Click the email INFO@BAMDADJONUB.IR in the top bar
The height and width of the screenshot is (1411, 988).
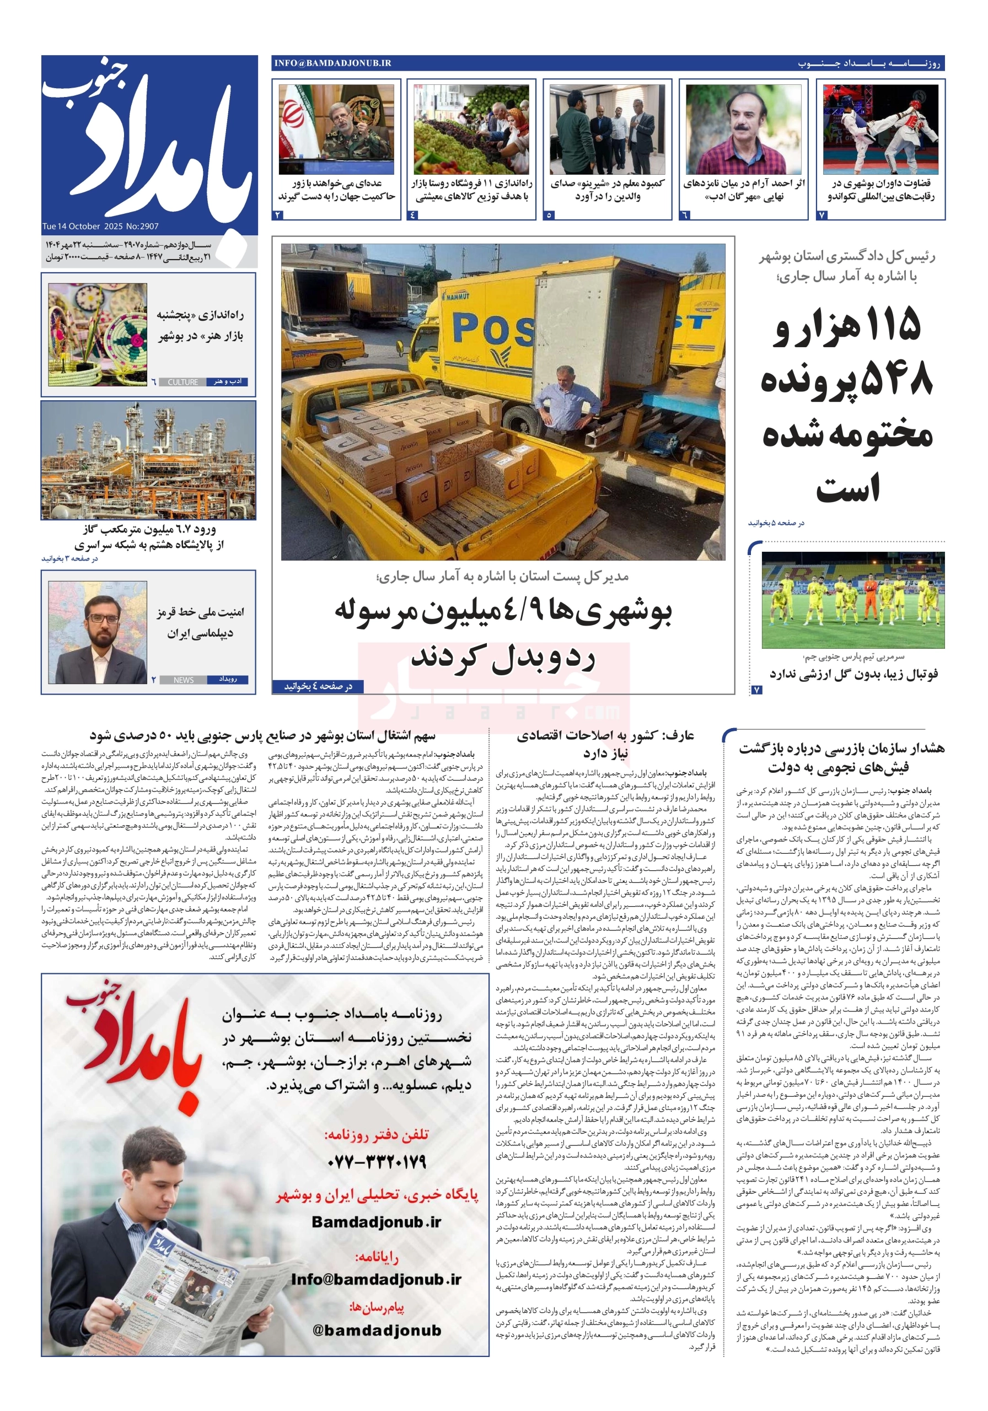[332, 63]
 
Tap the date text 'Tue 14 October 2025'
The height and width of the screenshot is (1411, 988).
[83, 226]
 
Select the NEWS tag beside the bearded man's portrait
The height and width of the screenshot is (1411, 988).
[183, 680]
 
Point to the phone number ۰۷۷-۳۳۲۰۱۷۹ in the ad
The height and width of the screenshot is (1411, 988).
[377, 1161]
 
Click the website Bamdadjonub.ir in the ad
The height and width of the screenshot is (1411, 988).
[376, 1222]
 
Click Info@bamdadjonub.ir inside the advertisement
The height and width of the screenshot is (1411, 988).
[376, 1279]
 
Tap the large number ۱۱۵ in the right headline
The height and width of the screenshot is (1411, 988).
[892, 324]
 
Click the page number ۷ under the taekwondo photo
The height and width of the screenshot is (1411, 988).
[823, 215]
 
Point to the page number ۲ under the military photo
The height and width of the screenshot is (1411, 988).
[278, 215]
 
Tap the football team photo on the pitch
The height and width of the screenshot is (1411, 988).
[853, 600]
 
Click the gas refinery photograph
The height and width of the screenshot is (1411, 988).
[148, 460]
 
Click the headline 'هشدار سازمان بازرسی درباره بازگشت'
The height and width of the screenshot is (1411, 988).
[840, 748]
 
